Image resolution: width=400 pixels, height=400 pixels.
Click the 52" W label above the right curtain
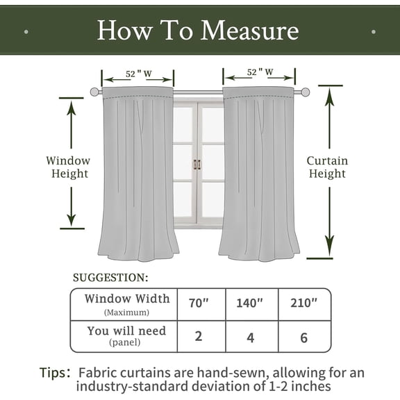259,72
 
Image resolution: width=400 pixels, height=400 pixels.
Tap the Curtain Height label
328,167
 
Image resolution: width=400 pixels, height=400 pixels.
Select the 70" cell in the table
199,303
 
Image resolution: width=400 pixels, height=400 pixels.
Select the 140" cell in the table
250,303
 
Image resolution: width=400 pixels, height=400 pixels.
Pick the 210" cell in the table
304,303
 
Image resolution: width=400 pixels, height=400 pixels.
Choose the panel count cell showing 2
199,336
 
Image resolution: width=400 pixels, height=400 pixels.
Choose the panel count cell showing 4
250,336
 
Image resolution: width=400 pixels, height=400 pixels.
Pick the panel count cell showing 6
304,336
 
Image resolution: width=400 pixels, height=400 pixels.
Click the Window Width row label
126,303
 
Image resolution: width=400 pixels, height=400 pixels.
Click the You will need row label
126,335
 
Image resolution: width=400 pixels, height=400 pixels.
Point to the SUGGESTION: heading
110,278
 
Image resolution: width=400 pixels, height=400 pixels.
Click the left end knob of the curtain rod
94,92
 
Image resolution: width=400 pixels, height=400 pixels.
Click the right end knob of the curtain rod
305,92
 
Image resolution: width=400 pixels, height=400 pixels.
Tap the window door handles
197,165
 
